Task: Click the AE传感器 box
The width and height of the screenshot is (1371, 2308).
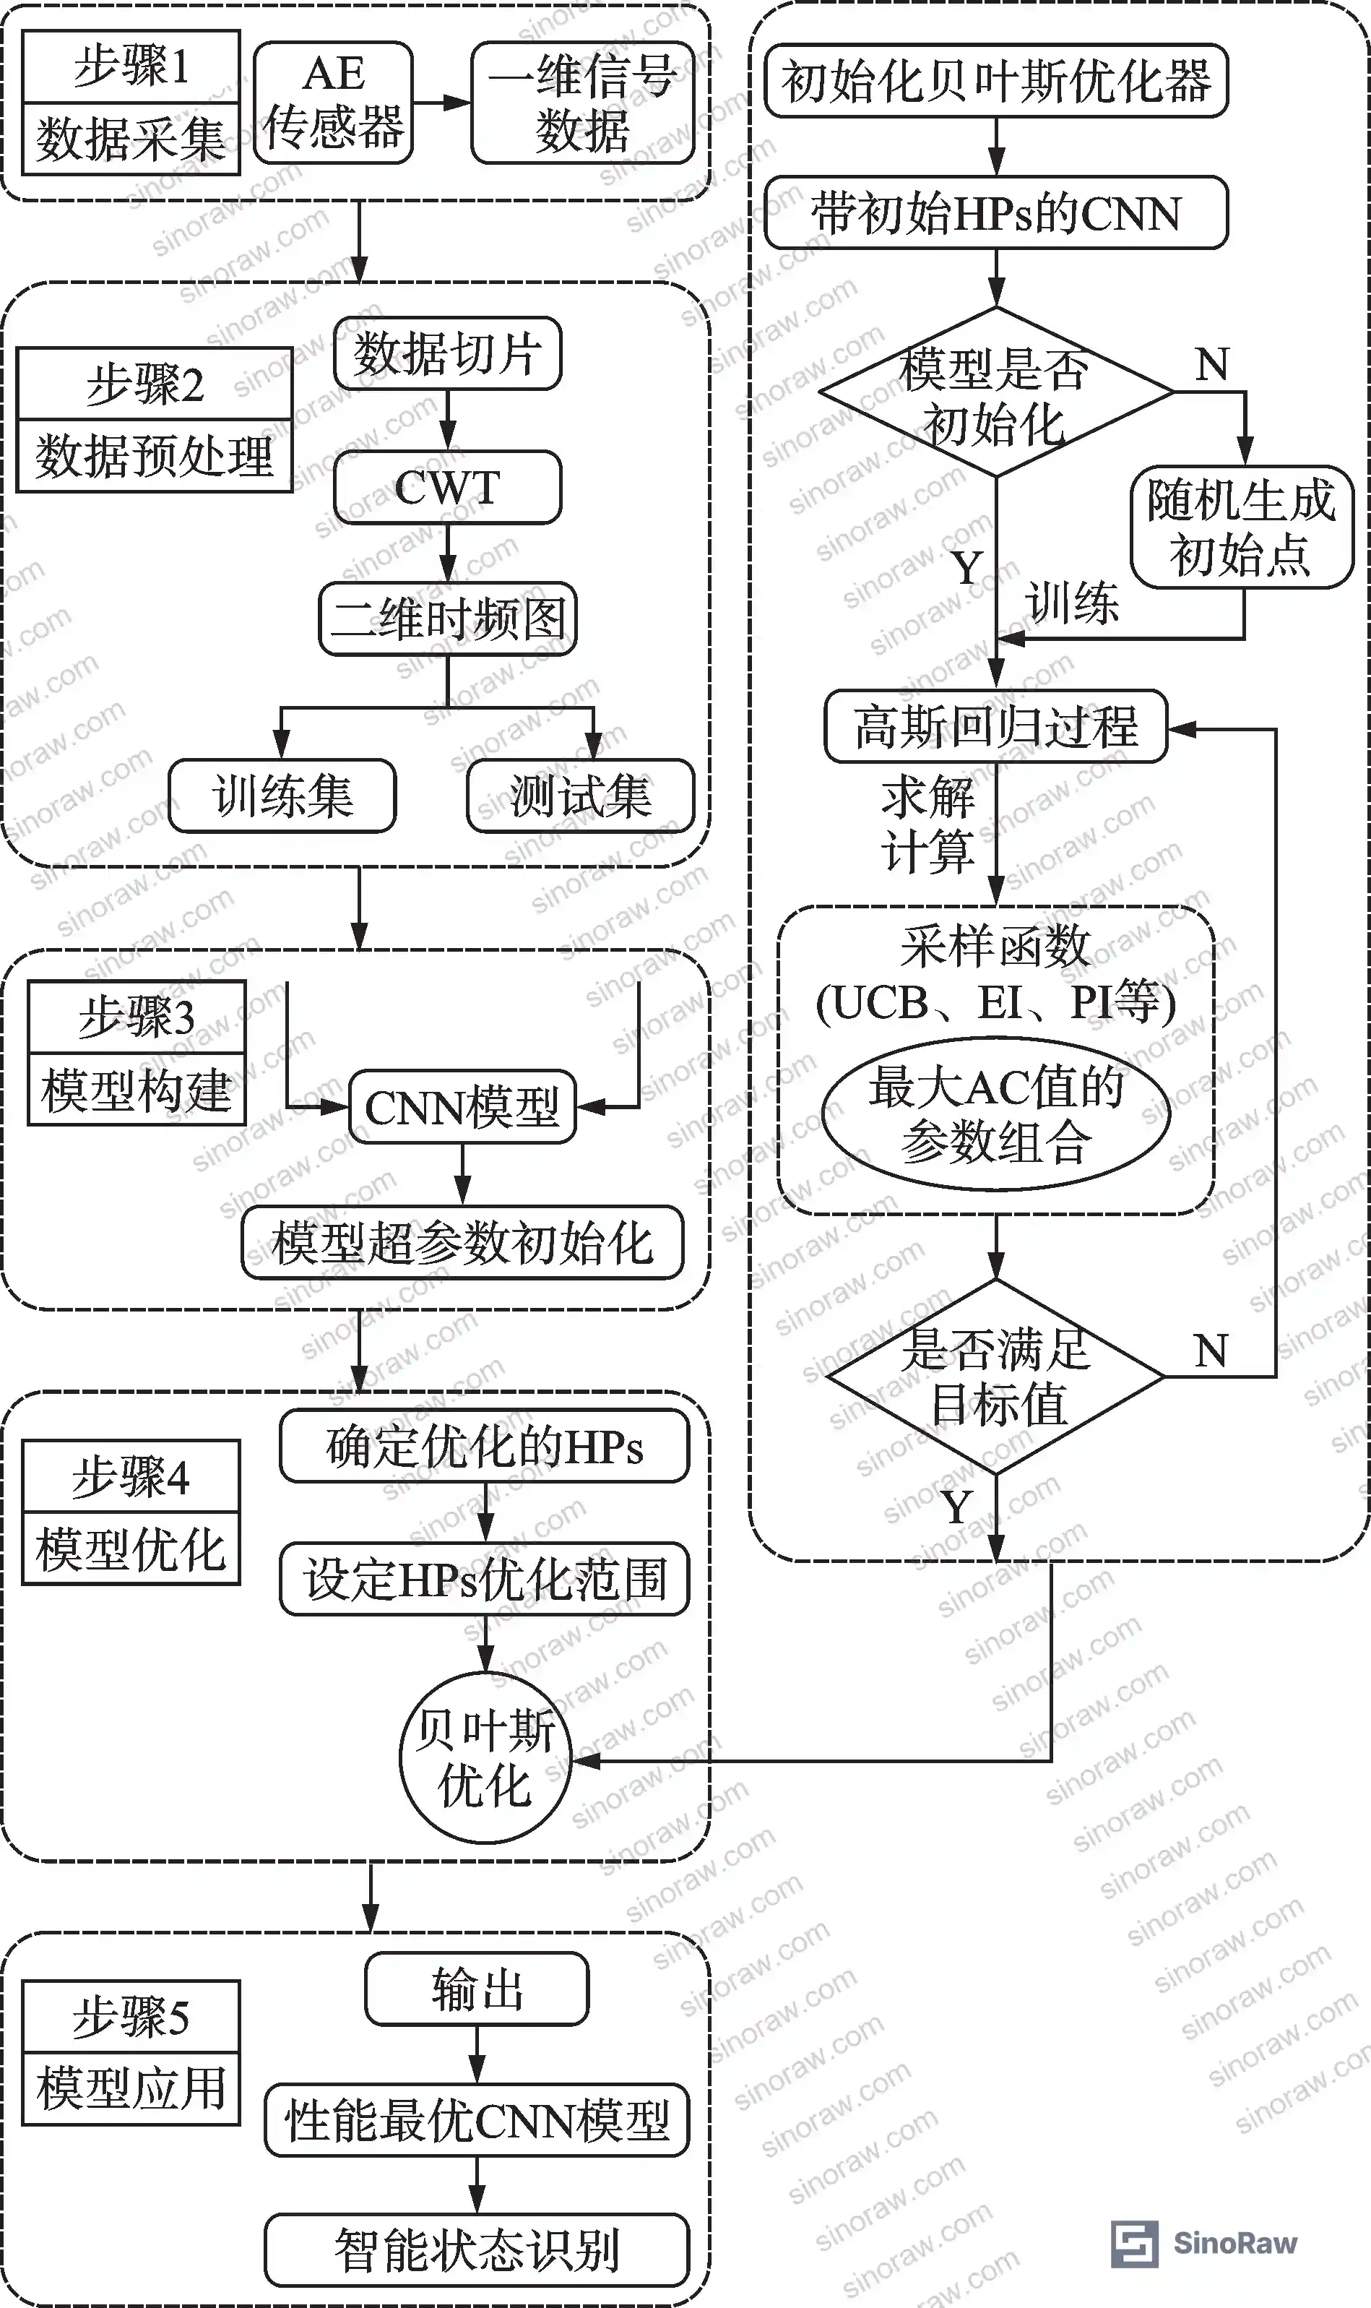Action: (334, 103)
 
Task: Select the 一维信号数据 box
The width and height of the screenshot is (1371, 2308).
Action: (582, 103)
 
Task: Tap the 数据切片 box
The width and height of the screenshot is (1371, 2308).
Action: (447, 353)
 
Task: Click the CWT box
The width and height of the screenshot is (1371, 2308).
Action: (447, 487)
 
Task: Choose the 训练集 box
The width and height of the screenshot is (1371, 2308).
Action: (282, 796)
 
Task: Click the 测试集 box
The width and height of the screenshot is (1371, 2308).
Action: (580, 796)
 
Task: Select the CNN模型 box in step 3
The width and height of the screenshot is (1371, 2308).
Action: (462, 1107)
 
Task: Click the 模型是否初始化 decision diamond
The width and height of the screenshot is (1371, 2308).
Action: (996, 392)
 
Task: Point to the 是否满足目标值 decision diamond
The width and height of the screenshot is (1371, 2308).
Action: (996, 1376)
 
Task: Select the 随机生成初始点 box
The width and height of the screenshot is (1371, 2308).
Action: (1242, 527)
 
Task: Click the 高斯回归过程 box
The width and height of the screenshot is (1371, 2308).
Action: (996, 726)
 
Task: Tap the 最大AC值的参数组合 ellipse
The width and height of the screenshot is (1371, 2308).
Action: (996, 1114)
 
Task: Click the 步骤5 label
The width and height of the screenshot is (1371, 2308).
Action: (131, 2017)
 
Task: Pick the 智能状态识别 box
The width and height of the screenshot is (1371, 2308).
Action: (477, 2249)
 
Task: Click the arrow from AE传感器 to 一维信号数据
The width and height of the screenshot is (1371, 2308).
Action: (441, 103)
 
